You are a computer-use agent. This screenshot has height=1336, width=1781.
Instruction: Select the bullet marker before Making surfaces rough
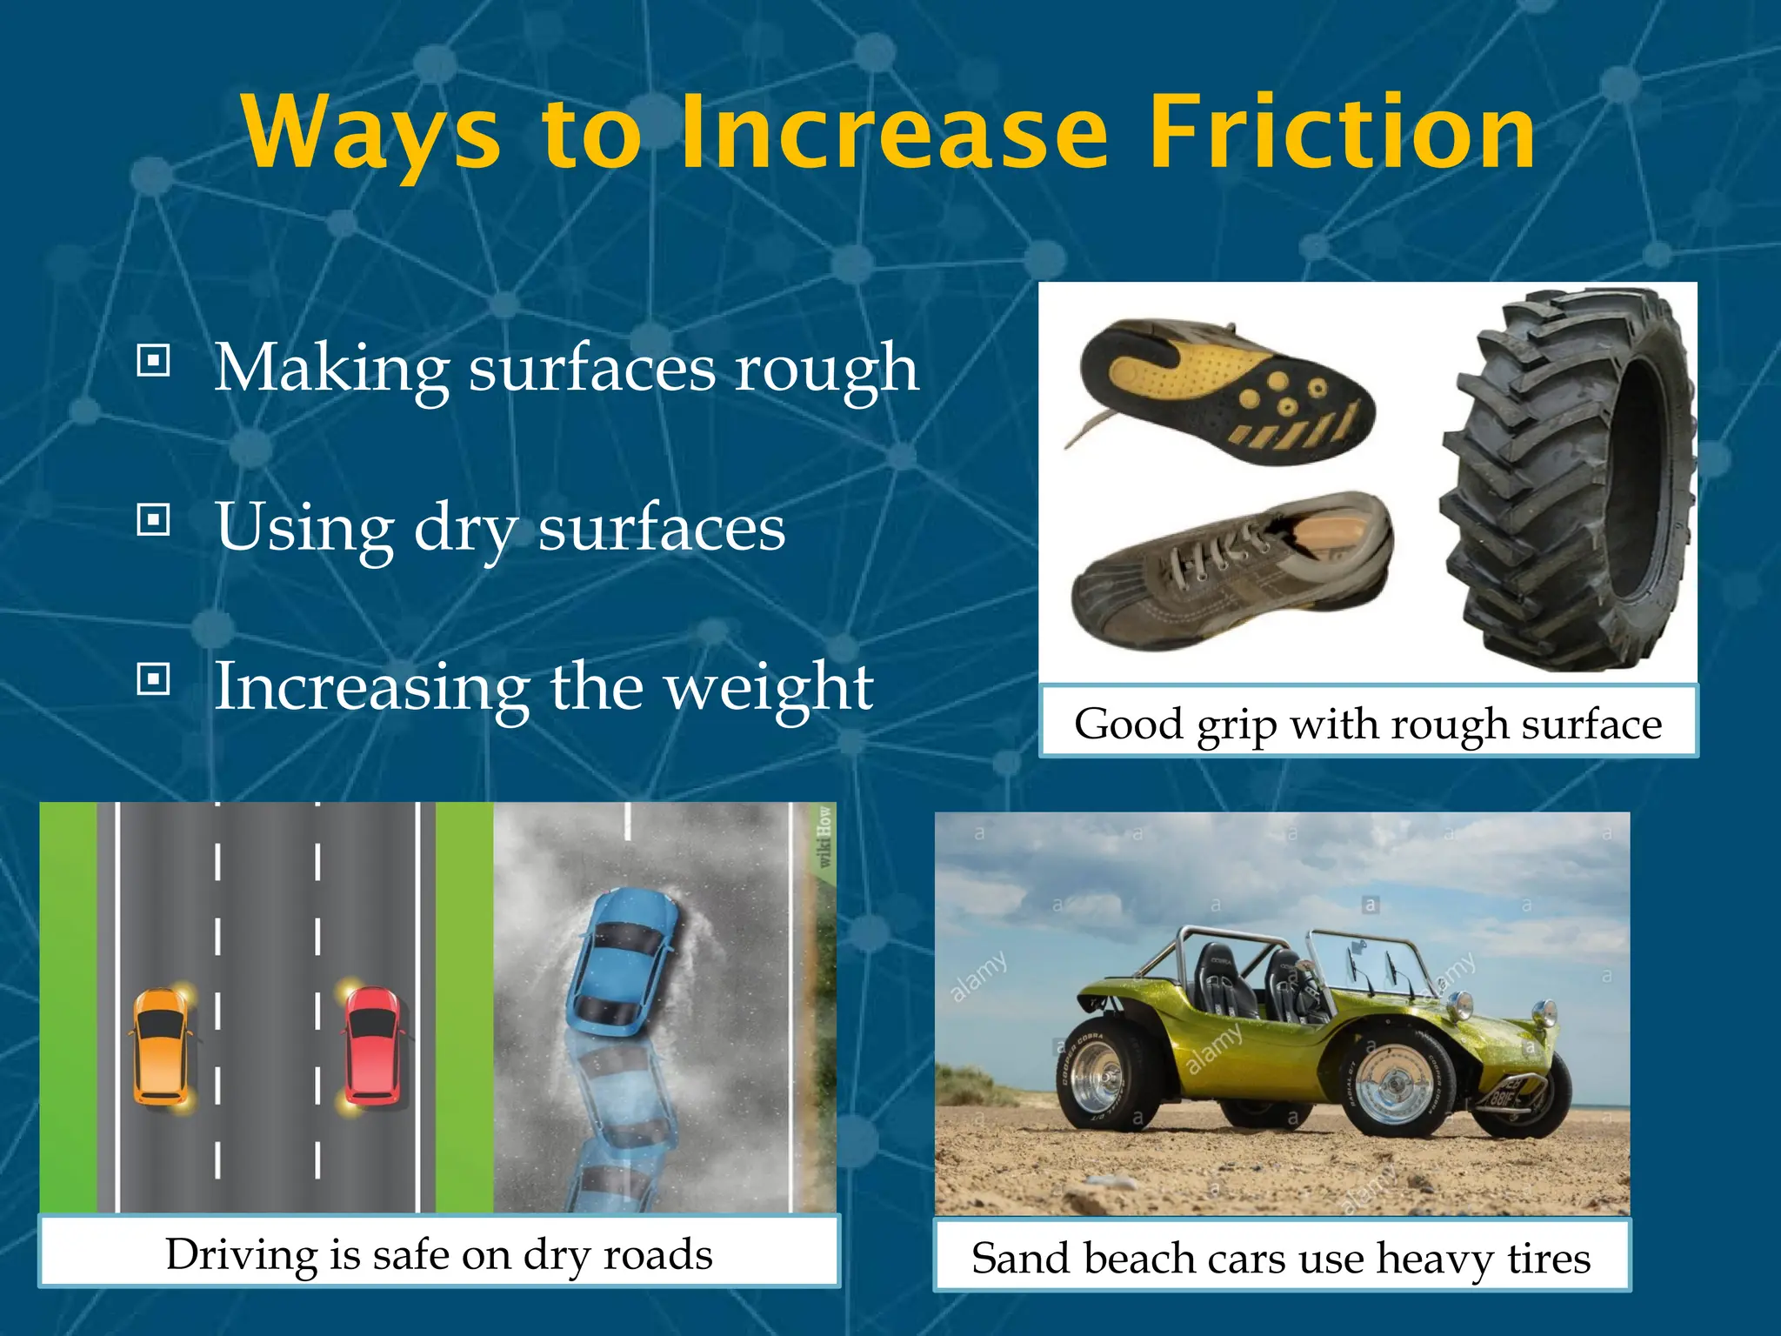coord(154,359)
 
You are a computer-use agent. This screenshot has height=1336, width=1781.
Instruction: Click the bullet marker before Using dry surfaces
coord(154,519)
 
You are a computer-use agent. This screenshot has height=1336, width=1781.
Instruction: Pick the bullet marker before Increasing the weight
coord(154,678)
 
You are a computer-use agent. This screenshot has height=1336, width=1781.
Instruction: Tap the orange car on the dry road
coord(161,1046)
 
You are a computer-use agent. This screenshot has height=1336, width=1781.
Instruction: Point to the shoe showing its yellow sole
coord(1226,391)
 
